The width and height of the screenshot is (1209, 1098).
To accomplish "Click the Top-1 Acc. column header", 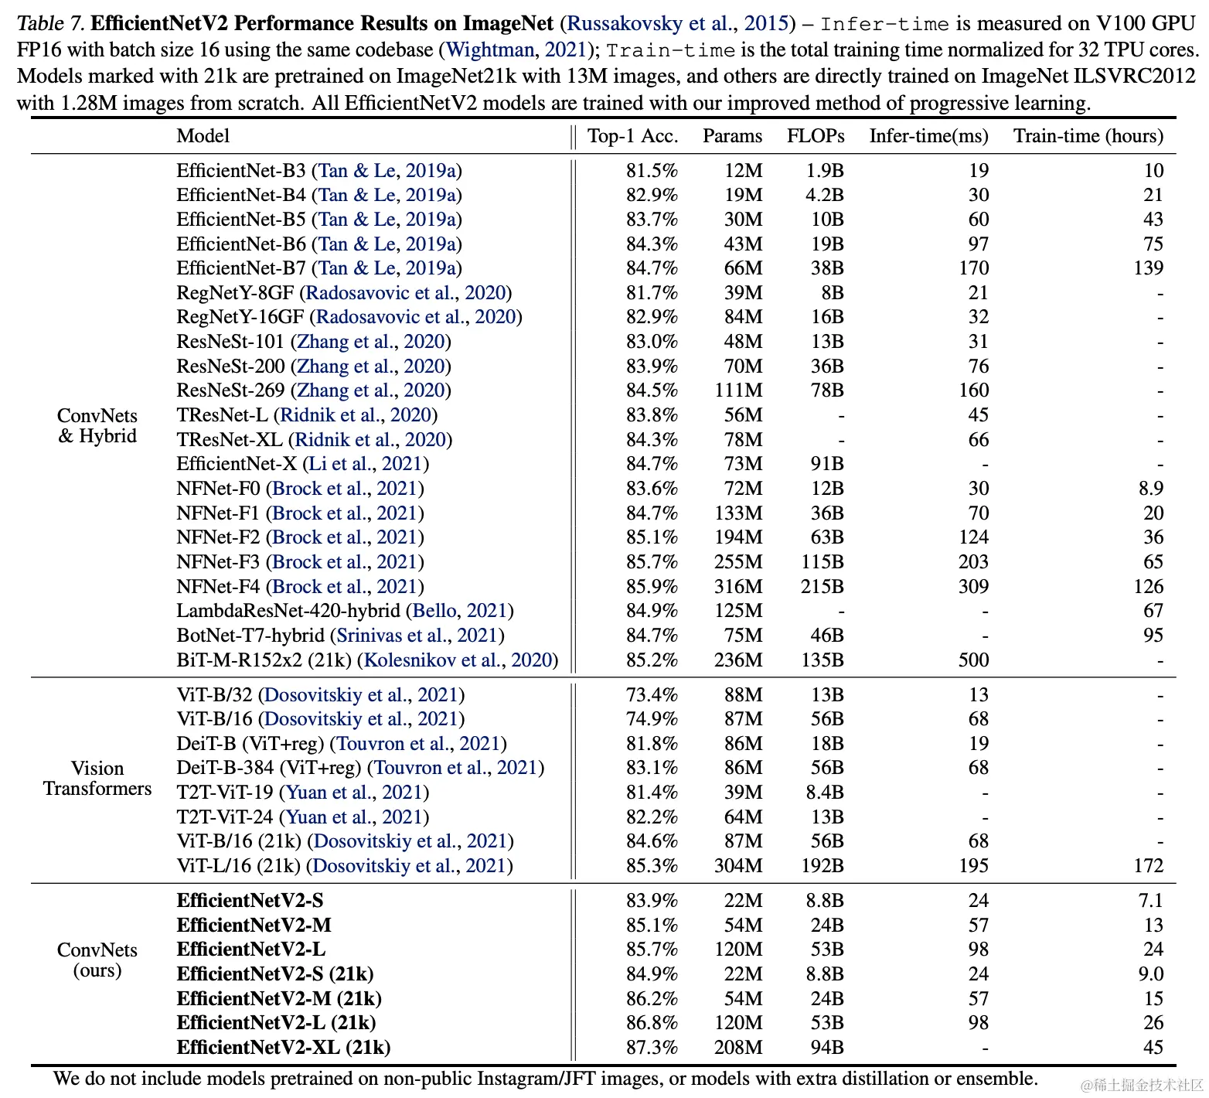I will pos(632,136).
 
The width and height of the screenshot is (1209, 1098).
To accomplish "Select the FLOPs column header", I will pos(815,136).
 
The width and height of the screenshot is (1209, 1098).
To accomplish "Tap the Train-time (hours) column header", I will pos(1088,136).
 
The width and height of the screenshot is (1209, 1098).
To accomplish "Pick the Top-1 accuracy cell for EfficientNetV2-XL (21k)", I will pos(652,1048).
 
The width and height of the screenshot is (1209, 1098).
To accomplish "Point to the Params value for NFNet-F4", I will pos(737,587).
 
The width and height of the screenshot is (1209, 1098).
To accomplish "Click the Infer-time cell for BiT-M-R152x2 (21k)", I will pos(973,660).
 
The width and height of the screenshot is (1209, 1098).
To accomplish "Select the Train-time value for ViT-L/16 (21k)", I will pos(1148,866).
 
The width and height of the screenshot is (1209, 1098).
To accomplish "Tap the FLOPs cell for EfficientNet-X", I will pos(826,464).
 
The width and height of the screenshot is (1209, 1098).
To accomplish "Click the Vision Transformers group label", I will pos(97,779).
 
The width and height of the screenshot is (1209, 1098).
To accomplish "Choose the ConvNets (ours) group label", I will pos(97,960).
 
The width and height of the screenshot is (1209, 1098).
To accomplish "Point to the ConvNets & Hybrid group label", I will pos(97,426).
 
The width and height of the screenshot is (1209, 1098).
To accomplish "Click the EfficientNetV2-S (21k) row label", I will pos(274,974).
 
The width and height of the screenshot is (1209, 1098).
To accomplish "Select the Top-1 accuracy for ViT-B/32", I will pos(652,695).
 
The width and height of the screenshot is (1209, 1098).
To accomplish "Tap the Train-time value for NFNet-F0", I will pos(1150,489).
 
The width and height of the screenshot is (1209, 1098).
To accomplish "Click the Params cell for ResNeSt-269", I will pos(737,390).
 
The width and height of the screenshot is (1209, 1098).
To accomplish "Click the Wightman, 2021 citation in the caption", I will pos(516,50).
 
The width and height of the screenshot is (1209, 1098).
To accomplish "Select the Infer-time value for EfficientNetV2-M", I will pos(978,926).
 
